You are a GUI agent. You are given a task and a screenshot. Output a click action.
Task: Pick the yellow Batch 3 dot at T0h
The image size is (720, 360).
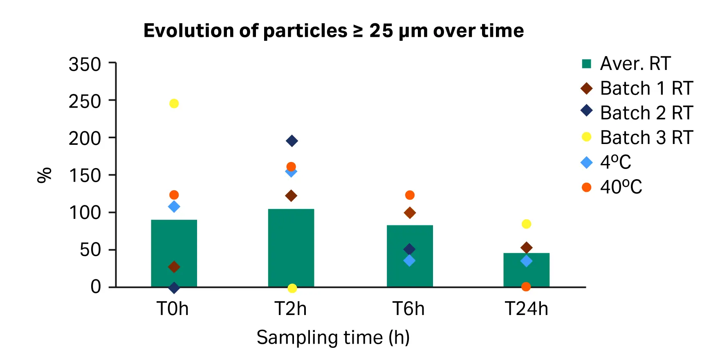[x=174, y=103]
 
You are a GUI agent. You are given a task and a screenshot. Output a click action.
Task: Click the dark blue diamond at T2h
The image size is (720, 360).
[x=292, y=141]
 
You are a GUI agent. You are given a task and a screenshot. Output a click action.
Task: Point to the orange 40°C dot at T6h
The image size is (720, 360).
[x=410, y=195]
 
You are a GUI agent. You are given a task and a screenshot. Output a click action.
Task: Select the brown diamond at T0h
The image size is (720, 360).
[x=174, y=267]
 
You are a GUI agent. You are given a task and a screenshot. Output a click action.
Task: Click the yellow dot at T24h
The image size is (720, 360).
[x=526, y=224]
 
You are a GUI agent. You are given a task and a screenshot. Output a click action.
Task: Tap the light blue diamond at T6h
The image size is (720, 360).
[x=409, y=261]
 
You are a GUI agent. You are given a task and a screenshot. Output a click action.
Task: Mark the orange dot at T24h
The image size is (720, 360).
[x=526, y=287]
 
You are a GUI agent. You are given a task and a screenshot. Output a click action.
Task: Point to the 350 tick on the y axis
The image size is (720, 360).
[x=85, y=65]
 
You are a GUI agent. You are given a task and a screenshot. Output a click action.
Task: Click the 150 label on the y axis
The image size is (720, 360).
[x=85, y=176]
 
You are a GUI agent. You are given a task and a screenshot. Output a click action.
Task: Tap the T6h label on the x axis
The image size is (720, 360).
[x=408, y=309]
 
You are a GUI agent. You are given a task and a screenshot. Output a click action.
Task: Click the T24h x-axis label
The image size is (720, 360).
[x=526, y=309]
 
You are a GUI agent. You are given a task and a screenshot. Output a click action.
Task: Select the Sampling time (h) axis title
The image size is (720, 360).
[x=333, y=338]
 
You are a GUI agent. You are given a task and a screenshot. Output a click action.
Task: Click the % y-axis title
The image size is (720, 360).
[x=44, y=175]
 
